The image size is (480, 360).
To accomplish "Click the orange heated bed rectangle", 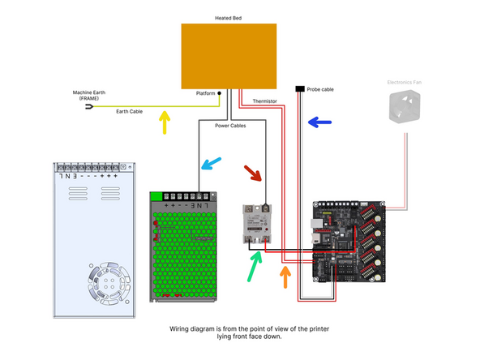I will coord(228,55).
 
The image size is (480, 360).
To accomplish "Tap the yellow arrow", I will coord(165,122).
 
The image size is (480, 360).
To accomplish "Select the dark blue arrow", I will coord(319,123).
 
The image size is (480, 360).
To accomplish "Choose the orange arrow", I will coord(285,276).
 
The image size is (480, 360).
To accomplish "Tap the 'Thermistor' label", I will coord(265,101).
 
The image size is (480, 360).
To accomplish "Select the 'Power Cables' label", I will coord(231,126).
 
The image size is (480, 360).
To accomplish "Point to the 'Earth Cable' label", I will coord(130,111).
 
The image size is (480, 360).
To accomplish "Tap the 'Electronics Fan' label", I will coord(405,82).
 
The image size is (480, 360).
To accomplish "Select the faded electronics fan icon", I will coord(405,107).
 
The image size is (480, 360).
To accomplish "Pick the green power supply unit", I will coord(186,246).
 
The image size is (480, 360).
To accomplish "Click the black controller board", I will coord(349,241).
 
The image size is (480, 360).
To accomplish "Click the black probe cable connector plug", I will coord(300,88).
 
